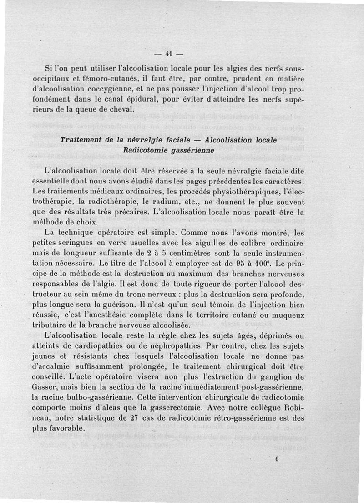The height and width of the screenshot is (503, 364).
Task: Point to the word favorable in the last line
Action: (67, 429)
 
